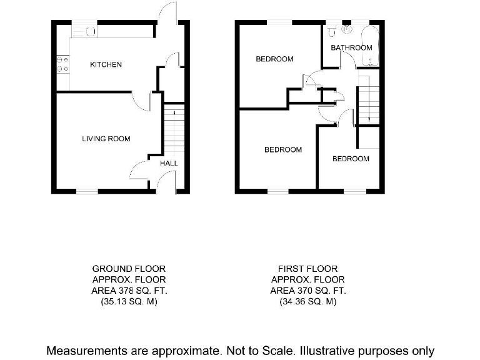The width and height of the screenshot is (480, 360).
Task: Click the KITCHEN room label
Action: click(x=106, y=65)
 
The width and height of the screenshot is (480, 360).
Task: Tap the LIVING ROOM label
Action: click(x=106, y=139)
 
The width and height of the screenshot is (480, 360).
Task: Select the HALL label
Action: click(x=169, y=164)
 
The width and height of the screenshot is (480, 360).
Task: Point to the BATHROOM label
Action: click(x=351, y=48)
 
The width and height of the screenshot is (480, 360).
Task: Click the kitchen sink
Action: click(x=89, y=31)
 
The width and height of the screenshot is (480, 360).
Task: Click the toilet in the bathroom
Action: click(x=333, y=30)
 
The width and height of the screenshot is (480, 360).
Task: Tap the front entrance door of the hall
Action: click(x=164, y=181)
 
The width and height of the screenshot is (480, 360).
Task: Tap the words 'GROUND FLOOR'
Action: click(x=129, y=269)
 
